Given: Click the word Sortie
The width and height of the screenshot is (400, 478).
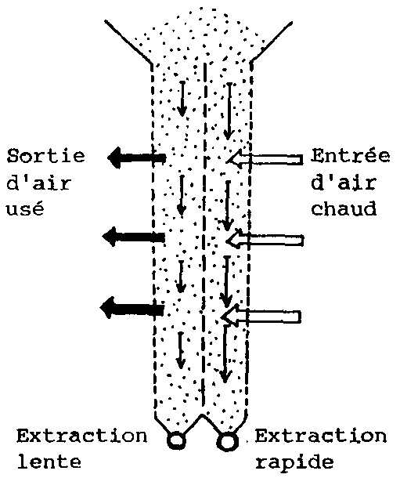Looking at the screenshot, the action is pos(45,156).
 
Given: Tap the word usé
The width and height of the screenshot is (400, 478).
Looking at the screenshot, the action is pos(25,208).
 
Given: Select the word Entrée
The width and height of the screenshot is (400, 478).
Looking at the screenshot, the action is pos(351,155).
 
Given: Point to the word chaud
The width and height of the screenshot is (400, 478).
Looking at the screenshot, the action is pos(344,208).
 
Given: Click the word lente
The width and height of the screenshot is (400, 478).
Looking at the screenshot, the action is pos(49,462).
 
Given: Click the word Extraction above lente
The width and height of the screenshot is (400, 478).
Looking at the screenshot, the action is pos(82,436).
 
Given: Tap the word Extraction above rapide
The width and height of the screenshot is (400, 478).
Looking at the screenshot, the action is pos(321,436).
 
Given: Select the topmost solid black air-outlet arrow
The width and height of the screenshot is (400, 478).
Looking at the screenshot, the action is pos(137,158).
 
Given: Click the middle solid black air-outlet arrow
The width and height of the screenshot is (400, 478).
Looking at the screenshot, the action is pos(134,237).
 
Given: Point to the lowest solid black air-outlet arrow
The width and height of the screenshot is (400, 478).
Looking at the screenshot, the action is pos(132,308).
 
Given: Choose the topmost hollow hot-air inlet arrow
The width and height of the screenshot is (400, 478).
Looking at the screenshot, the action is pos(265,159).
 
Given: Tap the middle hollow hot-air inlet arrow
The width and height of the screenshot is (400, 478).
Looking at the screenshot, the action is pos(265,240).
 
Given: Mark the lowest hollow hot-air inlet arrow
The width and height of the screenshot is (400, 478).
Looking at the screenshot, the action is pos(261,317).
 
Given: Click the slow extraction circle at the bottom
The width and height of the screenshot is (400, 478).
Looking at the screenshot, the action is pos(176,440).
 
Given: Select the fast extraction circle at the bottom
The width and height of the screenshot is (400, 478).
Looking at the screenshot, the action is pos(227,441).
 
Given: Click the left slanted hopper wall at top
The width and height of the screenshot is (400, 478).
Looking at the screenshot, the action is pos(128,43).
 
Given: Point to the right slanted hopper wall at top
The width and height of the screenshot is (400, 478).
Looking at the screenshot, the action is pos(271,42).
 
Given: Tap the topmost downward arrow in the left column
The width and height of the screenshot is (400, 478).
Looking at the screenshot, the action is pos(182,99).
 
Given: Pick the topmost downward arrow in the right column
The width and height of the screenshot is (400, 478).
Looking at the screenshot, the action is pos(229,111).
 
